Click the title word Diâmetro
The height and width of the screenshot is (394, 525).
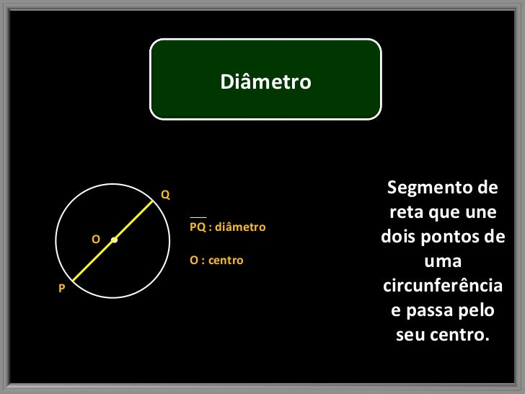(265, 82)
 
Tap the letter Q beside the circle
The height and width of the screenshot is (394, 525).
(165, 195)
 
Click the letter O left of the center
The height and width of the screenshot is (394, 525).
(95, 239)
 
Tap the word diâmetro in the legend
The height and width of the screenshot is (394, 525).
(241, 227)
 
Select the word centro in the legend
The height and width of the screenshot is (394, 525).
(224, 260)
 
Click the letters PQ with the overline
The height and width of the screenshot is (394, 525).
(197, 227)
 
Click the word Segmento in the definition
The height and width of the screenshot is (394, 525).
(425, 188)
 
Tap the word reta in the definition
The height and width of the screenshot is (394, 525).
(406, 214)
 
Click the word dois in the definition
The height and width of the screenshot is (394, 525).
(397, 238)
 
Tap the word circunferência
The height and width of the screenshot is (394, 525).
(442, 286)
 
